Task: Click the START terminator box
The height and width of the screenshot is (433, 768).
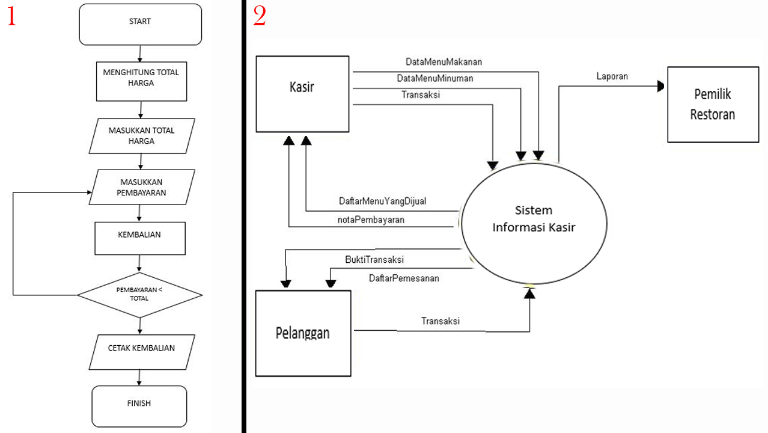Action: point(140,24)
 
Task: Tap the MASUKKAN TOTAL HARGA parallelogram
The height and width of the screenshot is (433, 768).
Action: point(141,135)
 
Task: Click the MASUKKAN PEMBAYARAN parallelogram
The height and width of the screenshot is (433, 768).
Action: point(141,187)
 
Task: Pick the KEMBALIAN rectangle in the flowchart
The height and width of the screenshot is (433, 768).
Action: point(139,238)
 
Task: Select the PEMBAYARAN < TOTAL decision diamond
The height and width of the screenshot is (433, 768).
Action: point(139,294)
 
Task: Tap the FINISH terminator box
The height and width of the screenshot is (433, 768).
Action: point(139,406)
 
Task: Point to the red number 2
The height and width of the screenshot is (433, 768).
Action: point(259,16)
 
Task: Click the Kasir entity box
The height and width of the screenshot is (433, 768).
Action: point(302,94)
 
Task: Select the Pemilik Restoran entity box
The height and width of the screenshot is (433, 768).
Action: point(713,105)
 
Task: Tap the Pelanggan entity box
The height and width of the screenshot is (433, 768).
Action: point(303,333)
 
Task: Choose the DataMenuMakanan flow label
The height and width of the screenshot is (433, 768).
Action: point(443,61)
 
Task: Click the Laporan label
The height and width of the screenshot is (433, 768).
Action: point(612,76)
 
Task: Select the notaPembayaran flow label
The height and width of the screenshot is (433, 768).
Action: point(371,220)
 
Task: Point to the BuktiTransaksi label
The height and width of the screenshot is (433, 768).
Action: point(374,260)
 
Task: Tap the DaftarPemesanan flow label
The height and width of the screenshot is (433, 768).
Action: point(403,278)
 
